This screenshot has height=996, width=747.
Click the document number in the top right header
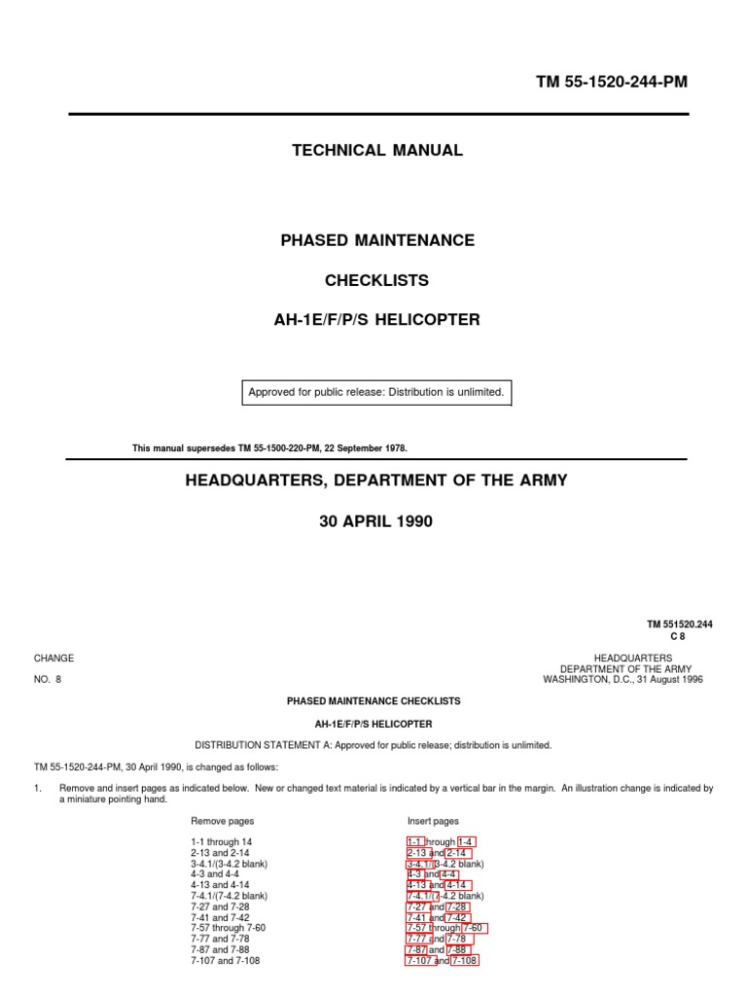click(x=611, y=83)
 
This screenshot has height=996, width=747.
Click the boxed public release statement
click(x=376, y=393)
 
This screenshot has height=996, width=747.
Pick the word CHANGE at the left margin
click(x=53, y=658)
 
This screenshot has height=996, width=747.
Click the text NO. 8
click(x=48, y=680)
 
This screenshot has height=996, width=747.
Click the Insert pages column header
click(x=433, y=821)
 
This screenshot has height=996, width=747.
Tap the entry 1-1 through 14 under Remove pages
click(x=222, y=842)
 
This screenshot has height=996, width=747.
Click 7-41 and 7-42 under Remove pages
click(x=220, y=917)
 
